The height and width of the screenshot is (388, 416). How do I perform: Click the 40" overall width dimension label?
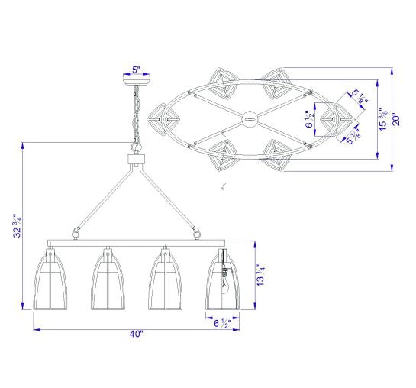point(136,334)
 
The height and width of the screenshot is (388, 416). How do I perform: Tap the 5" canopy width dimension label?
point(136,70)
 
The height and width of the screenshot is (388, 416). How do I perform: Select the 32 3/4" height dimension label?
point(18,225)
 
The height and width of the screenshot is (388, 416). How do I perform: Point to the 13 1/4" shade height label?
point(260,275)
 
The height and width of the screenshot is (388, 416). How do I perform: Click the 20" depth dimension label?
point(396,119)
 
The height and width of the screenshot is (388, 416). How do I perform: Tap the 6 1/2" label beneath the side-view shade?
point(222,324)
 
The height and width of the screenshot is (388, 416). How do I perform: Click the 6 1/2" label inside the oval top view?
point(310,119)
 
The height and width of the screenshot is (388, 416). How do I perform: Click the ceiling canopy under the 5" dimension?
point(137,82)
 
